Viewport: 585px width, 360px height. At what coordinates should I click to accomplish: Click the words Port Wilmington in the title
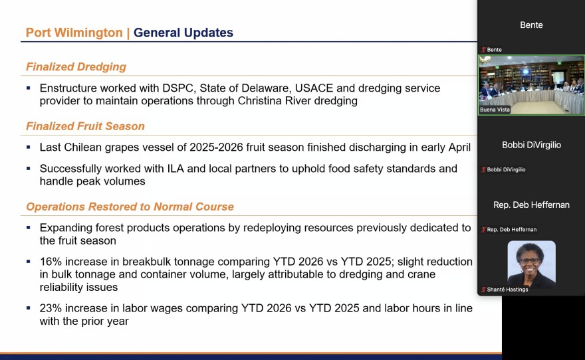74,33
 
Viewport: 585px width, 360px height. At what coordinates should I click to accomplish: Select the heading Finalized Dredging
76,66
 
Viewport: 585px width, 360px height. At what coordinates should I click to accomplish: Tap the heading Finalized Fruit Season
86,126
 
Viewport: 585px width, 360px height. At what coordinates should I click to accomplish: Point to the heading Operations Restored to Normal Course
130,207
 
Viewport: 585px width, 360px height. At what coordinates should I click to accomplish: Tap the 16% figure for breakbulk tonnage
51,262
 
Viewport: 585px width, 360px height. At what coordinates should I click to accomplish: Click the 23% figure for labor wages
51,308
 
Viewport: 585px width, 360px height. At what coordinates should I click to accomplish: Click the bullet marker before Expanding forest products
29,226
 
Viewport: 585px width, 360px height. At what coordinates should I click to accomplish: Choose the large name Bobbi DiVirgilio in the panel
531,145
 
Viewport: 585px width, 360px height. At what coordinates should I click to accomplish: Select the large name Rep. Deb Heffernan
531,205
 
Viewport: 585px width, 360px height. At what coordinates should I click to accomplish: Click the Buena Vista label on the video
495,110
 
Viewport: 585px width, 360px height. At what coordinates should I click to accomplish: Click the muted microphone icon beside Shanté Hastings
483,290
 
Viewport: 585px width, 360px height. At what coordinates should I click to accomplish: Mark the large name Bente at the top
531,25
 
